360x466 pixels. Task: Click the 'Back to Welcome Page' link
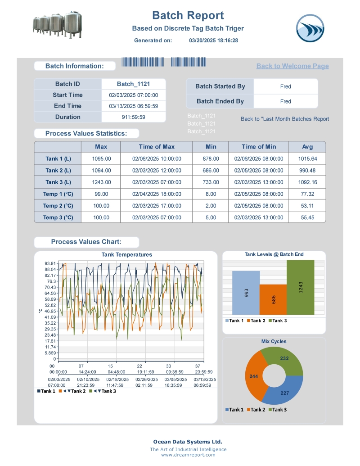292,66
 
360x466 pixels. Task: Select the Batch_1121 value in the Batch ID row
133,84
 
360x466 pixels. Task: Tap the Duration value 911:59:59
133,117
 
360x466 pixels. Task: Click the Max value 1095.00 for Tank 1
101,159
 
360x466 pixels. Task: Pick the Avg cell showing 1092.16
307,182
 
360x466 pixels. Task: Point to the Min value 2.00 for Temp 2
211,206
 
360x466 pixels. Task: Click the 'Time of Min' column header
259,147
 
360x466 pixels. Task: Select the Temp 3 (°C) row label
58,217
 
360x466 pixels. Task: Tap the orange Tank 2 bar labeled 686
273,299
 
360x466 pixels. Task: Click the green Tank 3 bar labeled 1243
300,287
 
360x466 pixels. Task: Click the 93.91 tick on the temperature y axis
50,263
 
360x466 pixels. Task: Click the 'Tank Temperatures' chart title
127,255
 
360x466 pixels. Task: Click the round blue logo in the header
310,28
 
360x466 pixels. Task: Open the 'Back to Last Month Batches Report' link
285,119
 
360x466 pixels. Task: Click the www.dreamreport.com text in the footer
188,455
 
